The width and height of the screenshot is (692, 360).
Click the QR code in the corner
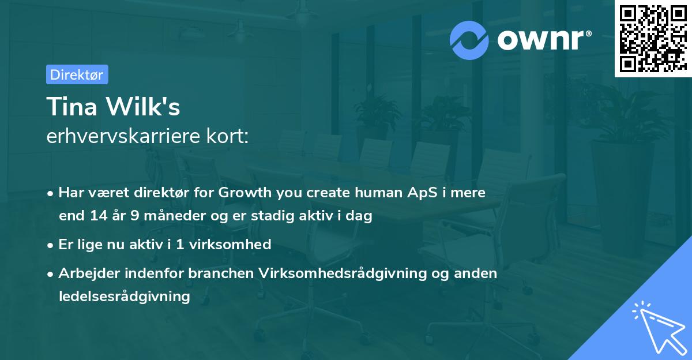(x=653, y=39)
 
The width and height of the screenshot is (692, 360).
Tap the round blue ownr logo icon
(x=469, y=40)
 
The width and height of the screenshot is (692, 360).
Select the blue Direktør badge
(x=77, y=74)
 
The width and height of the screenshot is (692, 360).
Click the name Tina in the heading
(x=72, y=106)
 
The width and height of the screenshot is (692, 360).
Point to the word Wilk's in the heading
(x=143, y=106)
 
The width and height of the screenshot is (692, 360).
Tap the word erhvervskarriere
(x=123, y=136)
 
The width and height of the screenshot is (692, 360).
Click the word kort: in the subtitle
(x=227, y=136)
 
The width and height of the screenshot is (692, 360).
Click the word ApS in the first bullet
(x=422, y=193)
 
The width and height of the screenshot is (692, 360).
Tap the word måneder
(x=175, y=215)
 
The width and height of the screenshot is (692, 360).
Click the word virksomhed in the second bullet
(x=230, y=245)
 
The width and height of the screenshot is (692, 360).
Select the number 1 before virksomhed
(x=180, y=245)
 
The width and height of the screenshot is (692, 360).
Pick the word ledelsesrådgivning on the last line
(x=125, y=297)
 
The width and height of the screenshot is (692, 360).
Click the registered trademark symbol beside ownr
(x=588, y=33)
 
